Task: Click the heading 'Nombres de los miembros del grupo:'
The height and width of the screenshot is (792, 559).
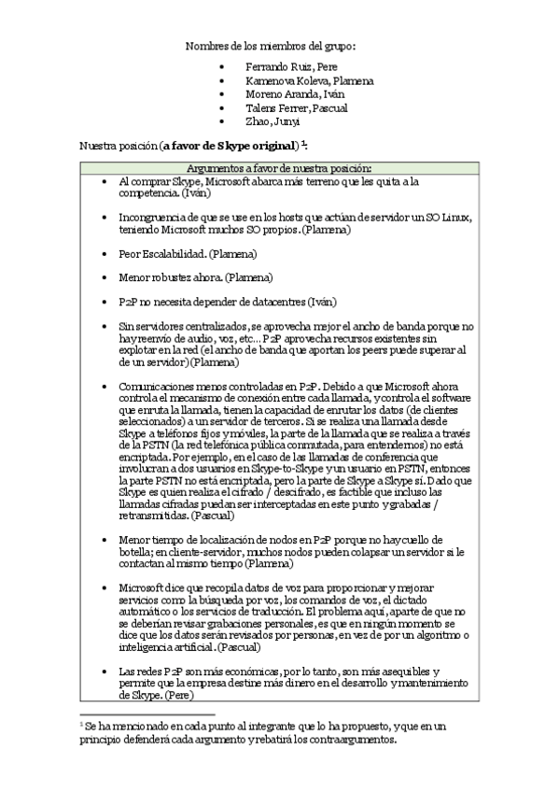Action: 271,46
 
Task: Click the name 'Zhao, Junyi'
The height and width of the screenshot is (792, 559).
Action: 273,120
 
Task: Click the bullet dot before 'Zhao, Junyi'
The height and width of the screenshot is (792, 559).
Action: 220,121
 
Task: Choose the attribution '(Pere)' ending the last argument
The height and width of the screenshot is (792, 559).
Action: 179,696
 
